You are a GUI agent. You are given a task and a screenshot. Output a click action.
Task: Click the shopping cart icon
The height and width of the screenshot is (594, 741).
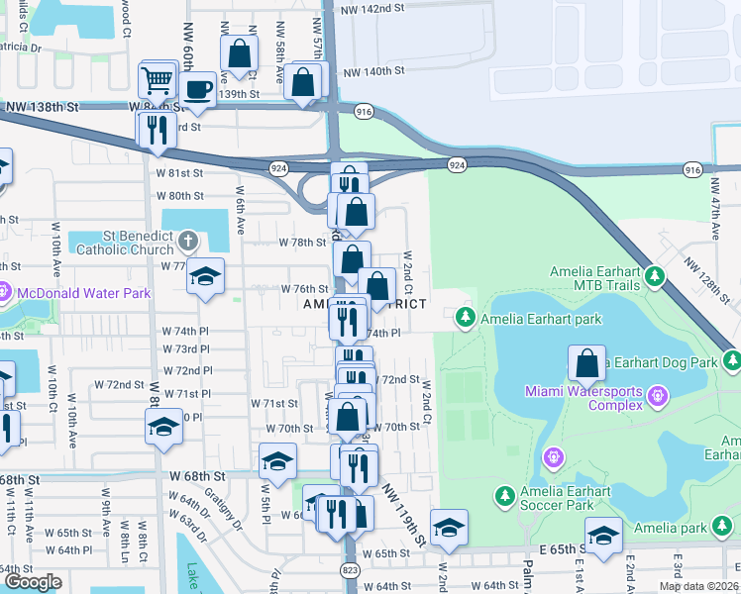click(158, 80)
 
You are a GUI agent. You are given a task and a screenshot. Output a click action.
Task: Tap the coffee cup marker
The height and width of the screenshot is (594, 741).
click(198, 89)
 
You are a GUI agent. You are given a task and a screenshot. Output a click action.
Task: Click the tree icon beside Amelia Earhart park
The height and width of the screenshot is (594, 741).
click(465, 318)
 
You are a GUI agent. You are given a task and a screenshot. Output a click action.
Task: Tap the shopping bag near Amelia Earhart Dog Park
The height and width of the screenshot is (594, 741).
click(587, 363)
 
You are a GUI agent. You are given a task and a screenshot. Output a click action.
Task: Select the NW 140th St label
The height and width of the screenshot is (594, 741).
click(373, 71)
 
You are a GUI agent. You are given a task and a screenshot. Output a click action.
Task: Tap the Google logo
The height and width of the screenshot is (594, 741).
click(33, 582)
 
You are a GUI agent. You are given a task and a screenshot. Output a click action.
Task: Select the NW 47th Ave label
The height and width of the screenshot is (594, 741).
click(714, 209)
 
